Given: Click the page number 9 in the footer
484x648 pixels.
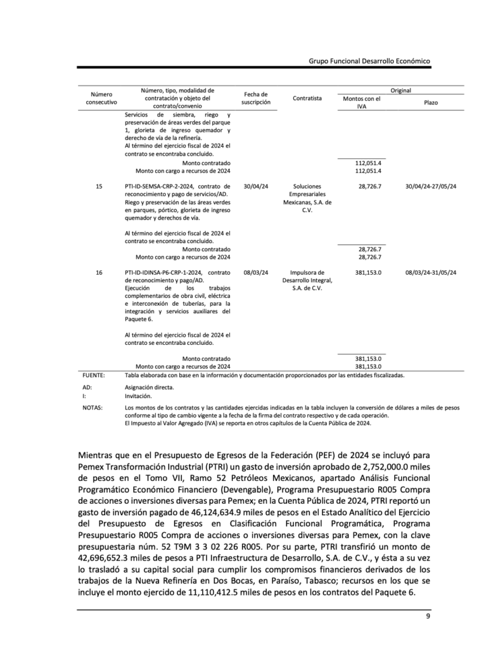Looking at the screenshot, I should [x=428, y=616].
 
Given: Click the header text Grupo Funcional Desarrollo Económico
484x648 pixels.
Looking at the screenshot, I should [x=369, y=61].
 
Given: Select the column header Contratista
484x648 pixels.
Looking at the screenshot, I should [x=307, y=98].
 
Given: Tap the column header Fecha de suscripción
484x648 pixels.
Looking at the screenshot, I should [x=256, y=98].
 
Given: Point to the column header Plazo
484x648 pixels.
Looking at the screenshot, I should [x=431, y=103].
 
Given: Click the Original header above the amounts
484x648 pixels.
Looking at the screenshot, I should [x=400, y=90].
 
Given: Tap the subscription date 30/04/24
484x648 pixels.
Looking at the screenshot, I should [x=255, y=186].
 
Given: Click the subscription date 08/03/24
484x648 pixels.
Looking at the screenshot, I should [x=255, y=272].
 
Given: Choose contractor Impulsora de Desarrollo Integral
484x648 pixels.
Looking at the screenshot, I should [x=307, y=280].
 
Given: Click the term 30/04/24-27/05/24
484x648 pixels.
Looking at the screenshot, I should [x=431, y=186].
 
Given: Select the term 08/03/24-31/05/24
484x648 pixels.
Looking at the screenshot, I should [x=431, y=272].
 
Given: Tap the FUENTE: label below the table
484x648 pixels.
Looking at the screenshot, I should [x=94, y=375].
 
